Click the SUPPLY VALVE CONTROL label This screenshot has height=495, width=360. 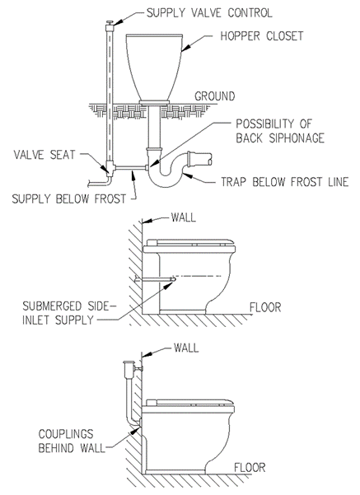(209, 13)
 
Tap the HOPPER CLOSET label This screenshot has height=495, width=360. (262, 36)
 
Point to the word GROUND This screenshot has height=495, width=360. (215, 96)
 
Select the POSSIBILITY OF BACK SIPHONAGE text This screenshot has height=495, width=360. (280, 131)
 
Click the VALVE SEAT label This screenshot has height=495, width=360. (44, 155)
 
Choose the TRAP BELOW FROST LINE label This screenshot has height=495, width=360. (284, 182)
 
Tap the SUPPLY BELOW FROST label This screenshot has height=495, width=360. (69, 198)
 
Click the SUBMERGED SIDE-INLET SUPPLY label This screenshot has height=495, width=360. (69, 313)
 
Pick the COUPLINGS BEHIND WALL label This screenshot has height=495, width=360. (72, 441)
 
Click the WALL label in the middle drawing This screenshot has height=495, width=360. (184, 217)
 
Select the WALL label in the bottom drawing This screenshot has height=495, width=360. (186, 348)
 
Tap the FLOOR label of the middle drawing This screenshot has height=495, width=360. (265, 307)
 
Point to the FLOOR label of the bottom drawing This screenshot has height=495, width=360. (250, 468)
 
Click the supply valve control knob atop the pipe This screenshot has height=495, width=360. (110, 23)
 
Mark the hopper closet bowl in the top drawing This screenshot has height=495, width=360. (154, 68)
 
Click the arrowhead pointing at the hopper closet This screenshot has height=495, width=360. (187, 47)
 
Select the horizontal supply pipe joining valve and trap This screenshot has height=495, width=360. (131, 168)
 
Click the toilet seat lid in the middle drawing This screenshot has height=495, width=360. (189, 242)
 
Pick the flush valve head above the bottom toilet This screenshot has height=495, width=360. (129, 367)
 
